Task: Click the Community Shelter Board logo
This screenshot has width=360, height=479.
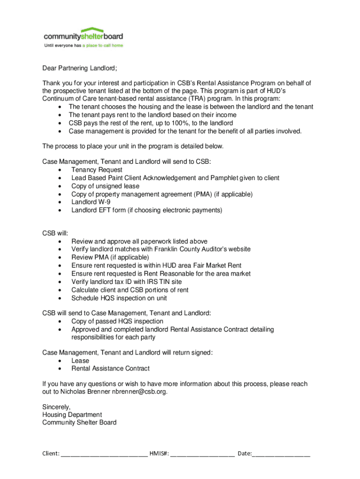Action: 83,36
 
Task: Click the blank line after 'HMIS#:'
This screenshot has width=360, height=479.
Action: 202,453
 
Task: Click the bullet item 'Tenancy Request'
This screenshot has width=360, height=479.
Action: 97,170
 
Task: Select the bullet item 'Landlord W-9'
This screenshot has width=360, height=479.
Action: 91,202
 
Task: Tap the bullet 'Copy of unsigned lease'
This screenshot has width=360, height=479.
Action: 105,186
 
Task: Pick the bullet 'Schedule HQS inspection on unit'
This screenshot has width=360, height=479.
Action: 119,298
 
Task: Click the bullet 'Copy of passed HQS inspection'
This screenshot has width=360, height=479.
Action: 117,321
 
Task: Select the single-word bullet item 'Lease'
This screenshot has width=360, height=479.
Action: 80,361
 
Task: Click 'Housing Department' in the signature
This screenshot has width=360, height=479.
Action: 72,414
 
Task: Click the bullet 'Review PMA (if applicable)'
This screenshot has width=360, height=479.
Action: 110,257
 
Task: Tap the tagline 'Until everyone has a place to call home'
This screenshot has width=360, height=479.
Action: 83,46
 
